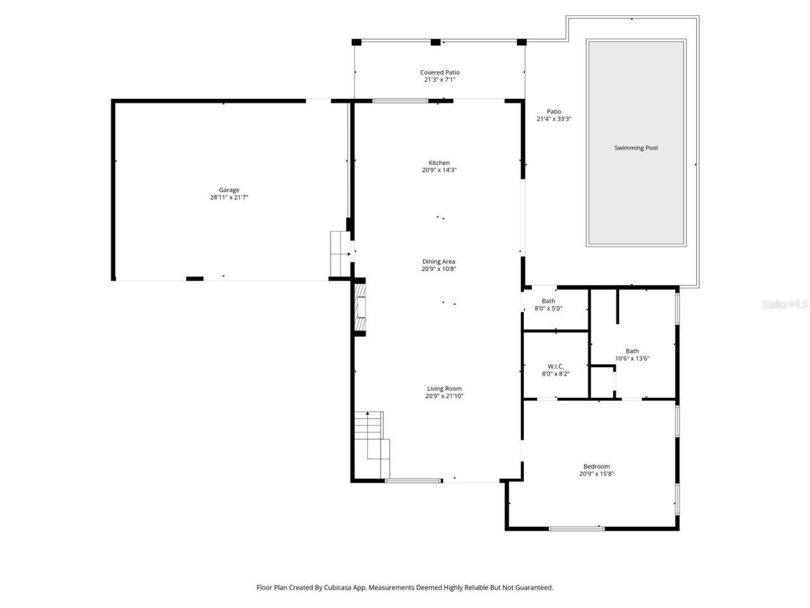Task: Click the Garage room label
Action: (x=229, y=190)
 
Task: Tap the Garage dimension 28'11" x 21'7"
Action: (x=229, y=198)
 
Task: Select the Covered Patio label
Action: (x=440, y=72)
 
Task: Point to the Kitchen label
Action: (x=439, y=163)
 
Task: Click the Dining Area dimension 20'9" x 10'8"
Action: (x=439, y=269)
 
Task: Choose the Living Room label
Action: (x=444, y=389)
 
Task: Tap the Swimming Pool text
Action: (x=636, y=148)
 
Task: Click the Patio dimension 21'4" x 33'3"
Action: (x=554, y=119)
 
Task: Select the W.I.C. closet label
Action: (x=556, y=366)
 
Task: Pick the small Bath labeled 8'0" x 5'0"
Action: (x=548, y=301)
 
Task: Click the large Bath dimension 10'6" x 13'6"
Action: (x=632, y=358)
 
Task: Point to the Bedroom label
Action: (x=597, y=467)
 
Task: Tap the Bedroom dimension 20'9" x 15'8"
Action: (x=597, y=474)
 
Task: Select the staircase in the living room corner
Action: (x=371, y=443)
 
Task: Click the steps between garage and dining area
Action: (x=340, y=253)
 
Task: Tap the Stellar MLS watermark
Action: (x=785, y=305)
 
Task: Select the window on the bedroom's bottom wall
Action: (x=576, y=528)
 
